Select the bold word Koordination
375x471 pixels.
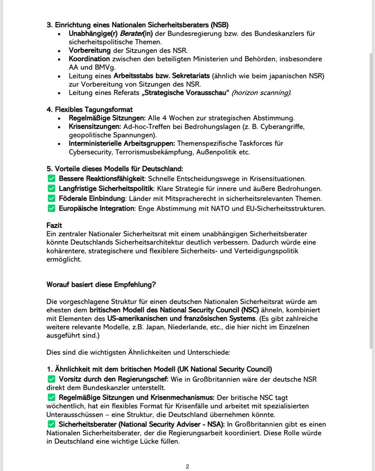click(x=89, y=58)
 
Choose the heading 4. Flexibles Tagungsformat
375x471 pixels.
click(x=89, y=110)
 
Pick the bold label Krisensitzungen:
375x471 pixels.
click(x=93, y=127)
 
